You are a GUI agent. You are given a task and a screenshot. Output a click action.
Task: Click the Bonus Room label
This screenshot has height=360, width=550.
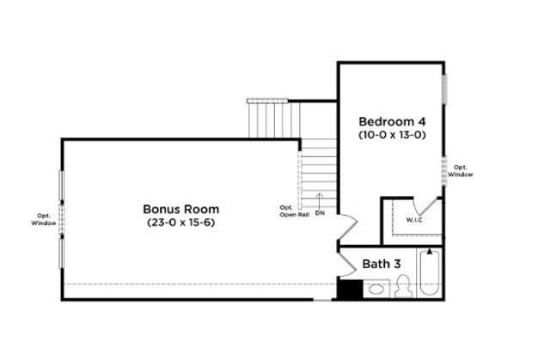tap(180, 209)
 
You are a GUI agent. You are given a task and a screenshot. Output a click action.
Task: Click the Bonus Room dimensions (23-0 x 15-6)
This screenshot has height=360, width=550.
tap(180, 223)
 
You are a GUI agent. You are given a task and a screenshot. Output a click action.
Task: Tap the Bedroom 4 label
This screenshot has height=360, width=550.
tap(393, 120)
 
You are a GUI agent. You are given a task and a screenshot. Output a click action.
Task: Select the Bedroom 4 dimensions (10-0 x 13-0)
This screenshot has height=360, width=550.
tap(393, 135)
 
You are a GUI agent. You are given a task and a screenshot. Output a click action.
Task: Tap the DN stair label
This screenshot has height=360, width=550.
tap(320, 212)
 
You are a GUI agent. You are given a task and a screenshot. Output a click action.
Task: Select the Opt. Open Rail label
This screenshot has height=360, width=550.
tap(286, 212)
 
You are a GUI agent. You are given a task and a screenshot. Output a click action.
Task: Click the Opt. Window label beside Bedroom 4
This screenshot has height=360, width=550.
tap(461, 170)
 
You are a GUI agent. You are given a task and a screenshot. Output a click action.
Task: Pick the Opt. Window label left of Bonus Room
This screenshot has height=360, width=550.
tap(44, 219)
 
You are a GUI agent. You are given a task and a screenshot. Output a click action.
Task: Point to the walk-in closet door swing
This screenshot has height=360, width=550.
tap(424, 205)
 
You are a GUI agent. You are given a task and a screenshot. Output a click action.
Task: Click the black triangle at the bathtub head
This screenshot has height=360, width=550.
tap(429, 253)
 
